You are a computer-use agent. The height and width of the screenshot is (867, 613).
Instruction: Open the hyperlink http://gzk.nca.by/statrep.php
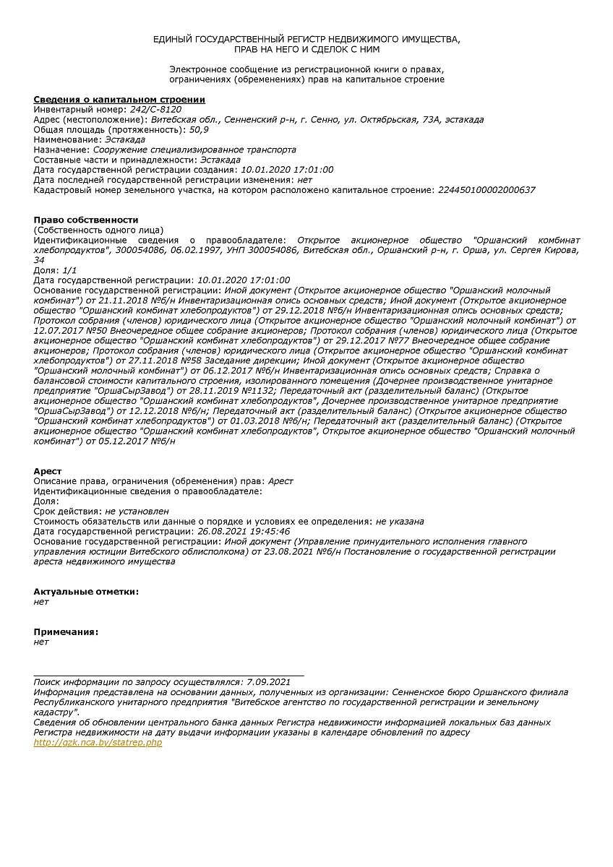coord(98,743)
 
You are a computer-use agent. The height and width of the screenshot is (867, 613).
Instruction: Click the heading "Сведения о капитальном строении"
coord(119,99)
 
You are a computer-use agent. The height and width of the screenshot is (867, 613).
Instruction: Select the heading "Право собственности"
coord(86,220)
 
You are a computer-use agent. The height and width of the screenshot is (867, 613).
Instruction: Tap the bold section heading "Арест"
coord(48,471)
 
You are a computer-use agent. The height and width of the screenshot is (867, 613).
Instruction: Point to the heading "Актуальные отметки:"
coord(86,591)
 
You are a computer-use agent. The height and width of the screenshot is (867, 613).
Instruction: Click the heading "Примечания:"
coord(66,631)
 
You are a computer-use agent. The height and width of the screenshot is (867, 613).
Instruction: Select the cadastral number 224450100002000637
coord(486,190)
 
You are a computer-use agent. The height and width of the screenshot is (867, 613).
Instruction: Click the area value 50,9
coord(199,129)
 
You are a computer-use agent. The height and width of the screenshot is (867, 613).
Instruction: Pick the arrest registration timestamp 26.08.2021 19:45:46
coord(244,531)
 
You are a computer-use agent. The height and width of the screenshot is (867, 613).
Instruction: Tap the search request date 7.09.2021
coord(268,681)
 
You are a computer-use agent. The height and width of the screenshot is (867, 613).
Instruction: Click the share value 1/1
coord(69,269)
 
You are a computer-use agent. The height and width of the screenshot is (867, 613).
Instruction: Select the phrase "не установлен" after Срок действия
coord(137,511)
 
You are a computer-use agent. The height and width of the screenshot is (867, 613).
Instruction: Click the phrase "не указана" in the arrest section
coord(400,521)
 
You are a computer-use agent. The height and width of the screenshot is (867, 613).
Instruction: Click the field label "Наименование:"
coord(68,139)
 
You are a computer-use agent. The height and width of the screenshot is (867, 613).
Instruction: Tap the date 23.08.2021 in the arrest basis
coord(288,551)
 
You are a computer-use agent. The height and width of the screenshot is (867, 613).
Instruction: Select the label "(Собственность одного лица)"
coord(98,230)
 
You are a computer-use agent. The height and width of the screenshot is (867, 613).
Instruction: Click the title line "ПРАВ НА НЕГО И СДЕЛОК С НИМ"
coord(306,49)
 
